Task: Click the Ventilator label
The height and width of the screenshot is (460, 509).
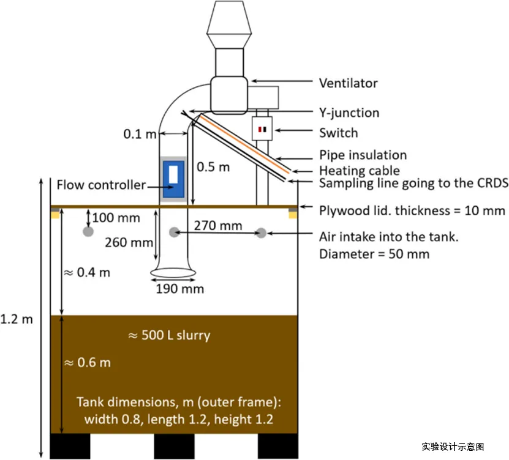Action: click(x=348, y=83)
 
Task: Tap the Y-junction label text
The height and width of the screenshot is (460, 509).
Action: click(x=349, y=113)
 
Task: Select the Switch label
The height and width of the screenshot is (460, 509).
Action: click(x=338, y=132)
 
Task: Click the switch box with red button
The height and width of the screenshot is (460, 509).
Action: click(x=262, y=130)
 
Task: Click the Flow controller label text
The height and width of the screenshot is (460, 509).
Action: click(x=101, y=185)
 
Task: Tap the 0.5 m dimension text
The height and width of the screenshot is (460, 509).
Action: click(x=213, y=166)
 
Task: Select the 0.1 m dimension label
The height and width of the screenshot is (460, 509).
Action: click(x=140, y=134)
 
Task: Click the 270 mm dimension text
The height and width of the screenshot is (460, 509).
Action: click(x=218, y=226)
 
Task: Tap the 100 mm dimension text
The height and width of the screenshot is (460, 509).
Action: click(x=116, y=217)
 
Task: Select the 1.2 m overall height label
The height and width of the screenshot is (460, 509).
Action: click(x=17, y=319)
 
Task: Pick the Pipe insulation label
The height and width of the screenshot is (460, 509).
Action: click(x=363, y=155)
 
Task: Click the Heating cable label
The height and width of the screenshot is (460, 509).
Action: click(x=359, y=171)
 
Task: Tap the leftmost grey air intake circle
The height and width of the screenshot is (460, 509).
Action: click(x=88, y=232)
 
